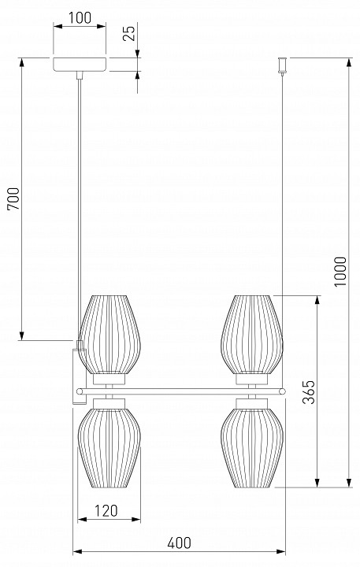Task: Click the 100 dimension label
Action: click(80, 18)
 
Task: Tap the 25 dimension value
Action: click(129, 32)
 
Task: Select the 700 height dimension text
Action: click(13, 199)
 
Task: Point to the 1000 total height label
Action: click(340, 271)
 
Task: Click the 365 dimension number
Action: click(309, 391)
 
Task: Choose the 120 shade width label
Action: click(106, 510)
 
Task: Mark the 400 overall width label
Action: click(179, 543)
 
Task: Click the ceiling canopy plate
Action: click(80, 64)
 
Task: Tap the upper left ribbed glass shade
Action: click(109, 335)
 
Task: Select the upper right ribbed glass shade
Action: click(252, 335)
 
